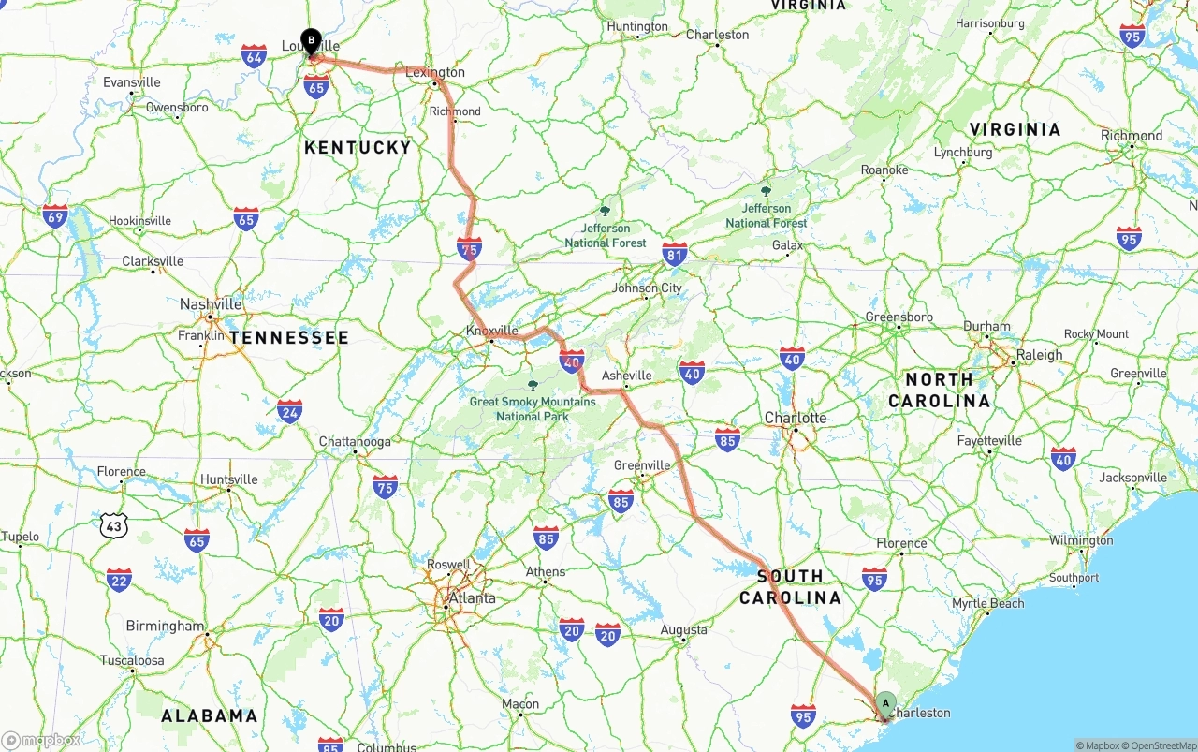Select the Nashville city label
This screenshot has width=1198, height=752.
(211, 304)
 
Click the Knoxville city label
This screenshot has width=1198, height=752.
(492, 331)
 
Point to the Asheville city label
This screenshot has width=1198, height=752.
(626, 376)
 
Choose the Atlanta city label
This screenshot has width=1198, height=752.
(472, 598)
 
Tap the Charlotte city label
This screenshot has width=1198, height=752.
(796, 418)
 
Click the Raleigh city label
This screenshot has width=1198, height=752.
(1040, 355)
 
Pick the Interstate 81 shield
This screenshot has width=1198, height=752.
(674, 253)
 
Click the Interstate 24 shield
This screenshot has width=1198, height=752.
(290, 410)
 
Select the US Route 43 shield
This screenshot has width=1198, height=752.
(114, 525)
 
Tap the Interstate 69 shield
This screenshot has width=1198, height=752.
(55, 216)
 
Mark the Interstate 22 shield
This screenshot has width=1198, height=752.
(119, 580)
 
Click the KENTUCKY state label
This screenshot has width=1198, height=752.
(358, 147)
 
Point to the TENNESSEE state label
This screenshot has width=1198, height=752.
(289, 337)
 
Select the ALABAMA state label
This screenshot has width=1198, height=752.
(209, 716)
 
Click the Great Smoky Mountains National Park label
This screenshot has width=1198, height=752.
(533, 408)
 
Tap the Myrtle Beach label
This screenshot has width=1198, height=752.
(987, 604)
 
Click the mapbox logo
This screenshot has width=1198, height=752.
(41, 741)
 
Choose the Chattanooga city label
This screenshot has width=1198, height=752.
(355, 441)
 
